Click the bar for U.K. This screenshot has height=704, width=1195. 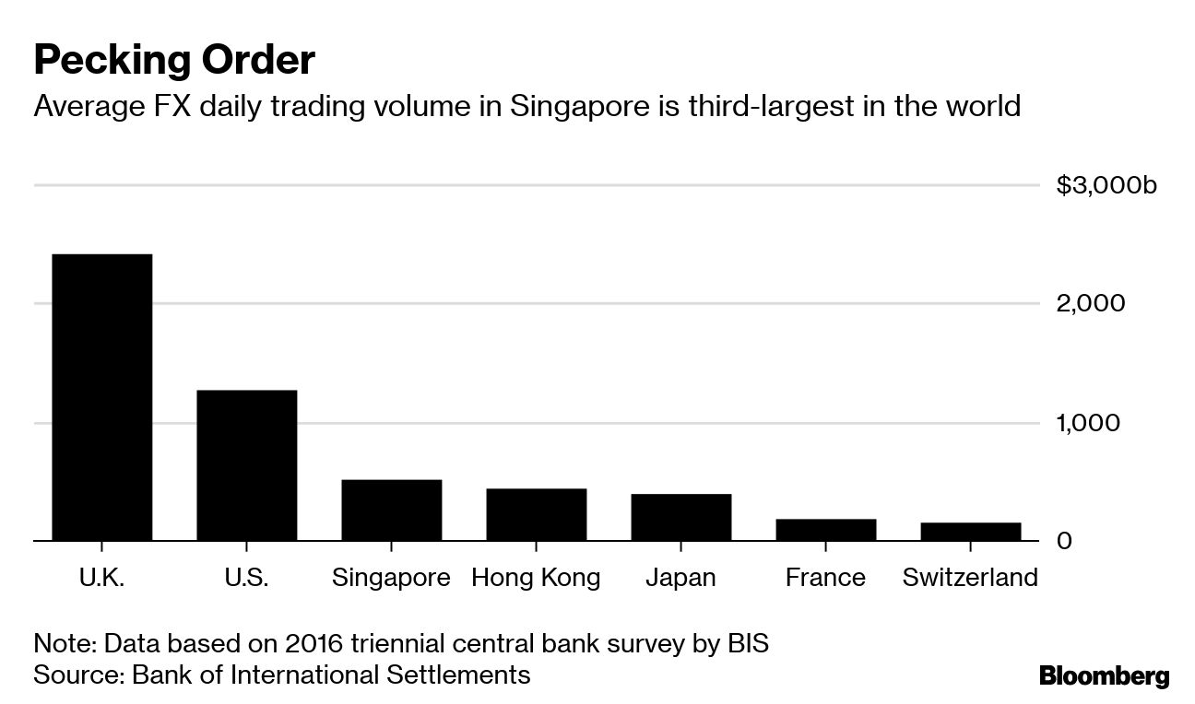point(101,396)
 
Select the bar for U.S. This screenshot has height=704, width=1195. point(246,464)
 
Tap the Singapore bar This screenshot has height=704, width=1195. point(391,510)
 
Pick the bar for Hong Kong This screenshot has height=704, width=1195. point(536,514)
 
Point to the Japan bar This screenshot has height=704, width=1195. point(680,517)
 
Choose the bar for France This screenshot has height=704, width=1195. point(825,529)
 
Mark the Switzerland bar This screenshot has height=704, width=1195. point(970,531)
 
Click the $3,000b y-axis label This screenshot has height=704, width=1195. point(1106,185)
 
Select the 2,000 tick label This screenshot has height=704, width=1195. point(1091,303)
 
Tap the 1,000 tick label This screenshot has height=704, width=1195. point(1089,422)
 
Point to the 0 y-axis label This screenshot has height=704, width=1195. point(1064,540)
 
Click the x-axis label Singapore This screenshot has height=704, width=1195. point(391,578)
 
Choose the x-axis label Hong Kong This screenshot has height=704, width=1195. point(536,578)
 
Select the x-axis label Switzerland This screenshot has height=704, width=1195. point(970,578)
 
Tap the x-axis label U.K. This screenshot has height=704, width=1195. point(101,578)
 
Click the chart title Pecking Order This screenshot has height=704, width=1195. point(174,61)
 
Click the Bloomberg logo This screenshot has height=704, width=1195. point(1104,675)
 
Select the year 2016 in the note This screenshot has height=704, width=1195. point(329,642)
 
